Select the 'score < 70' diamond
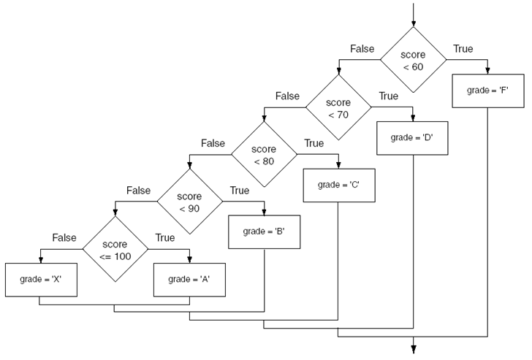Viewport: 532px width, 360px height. pos(338,108)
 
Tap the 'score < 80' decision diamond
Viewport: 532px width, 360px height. pos(264,155)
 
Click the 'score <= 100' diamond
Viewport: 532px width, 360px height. pos(115,249)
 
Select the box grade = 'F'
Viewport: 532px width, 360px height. pos(487,91)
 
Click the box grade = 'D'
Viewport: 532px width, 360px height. pos(413,137)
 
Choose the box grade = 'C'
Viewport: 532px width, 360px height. pos(338,184)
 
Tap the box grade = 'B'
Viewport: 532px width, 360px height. pos(263,231)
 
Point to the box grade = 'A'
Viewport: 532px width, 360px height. pos(189,279)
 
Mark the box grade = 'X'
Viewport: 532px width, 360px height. pos(40,279)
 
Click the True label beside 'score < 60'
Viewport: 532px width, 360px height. pos(463,49)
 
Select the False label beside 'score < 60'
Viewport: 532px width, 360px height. pos(362,49)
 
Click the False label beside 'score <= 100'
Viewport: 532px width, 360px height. pos(64,237)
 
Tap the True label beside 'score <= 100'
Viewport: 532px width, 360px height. pos(165,237)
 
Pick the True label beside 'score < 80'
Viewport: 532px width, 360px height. pos(313,143)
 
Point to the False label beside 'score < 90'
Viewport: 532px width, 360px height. pos(139,191)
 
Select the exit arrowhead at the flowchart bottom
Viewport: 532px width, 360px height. pos(413,348)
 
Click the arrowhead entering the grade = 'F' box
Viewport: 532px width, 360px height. pos(487,71)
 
